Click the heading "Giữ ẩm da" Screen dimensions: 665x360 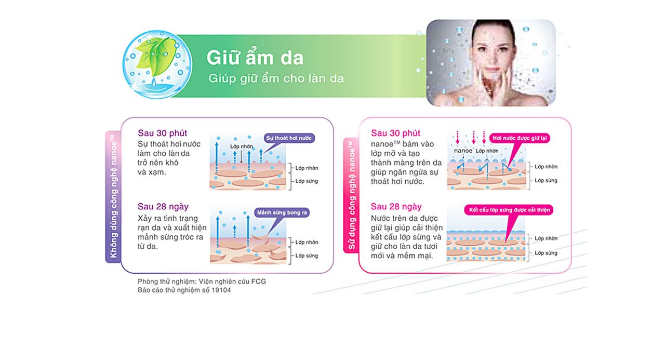tap(255, 57)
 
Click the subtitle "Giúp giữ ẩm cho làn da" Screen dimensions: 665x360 tap(276, 78)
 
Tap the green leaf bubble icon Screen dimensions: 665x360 tap(157, 64)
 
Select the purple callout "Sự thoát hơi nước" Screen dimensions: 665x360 tap(289, 138)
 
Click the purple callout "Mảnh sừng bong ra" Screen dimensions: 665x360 tap(282, 212)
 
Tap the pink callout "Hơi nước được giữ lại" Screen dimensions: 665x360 tap(520, 138)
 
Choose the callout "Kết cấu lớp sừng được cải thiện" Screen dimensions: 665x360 tap(509, 210)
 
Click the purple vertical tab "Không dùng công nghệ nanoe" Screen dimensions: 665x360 tap(113, 197)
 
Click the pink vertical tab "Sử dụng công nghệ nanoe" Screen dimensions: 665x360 tap(351, 195)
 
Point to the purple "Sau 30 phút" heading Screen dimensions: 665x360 tap(163, 133)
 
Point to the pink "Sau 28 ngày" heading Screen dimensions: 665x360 tap(396, 207)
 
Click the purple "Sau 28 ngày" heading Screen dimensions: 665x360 tap(163, 207)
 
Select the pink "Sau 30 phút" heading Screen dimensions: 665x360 tap(395, 133)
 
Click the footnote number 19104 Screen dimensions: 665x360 tap(221, 290)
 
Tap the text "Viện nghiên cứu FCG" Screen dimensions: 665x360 tap(232, 282)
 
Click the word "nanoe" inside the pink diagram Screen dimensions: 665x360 tap(463, 151)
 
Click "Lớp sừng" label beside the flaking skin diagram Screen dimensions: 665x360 tap(307, 256)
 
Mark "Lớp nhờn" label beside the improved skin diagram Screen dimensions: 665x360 tap(546, 238)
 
